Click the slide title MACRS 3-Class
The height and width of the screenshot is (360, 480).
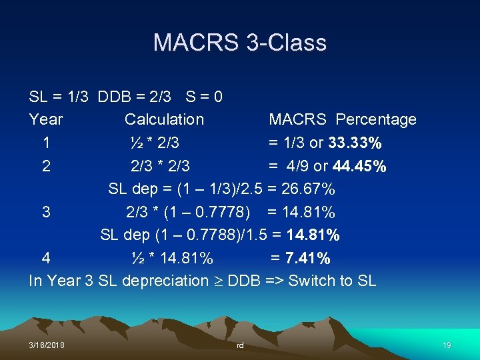click(240, 43)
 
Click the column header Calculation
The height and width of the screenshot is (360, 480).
click(164, 119)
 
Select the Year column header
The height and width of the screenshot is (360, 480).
click(46, 119)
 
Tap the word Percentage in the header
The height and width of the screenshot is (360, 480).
click(376, 119)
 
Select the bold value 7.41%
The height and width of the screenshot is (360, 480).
click(309, 258)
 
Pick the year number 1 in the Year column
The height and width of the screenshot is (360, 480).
click(46, 143)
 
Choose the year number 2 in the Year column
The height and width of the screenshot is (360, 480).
click(46, 166)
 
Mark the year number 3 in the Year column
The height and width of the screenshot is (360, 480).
click(46, 212)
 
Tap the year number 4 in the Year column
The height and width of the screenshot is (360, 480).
click(46, 258)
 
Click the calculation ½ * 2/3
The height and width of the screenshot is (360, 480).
click(155, 143)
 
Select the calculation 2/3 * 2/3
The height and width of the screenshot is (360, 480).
click(160, 166)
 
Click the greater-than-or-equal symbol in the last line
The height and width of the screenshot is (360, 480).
click(218, 281)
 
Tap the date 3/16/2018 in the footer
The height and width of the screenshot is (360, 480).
click(47, 345)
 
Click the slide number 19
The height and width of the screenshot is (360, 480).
click(447, 345)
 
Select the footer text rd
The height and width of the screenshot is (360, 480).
click(240, 345)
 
